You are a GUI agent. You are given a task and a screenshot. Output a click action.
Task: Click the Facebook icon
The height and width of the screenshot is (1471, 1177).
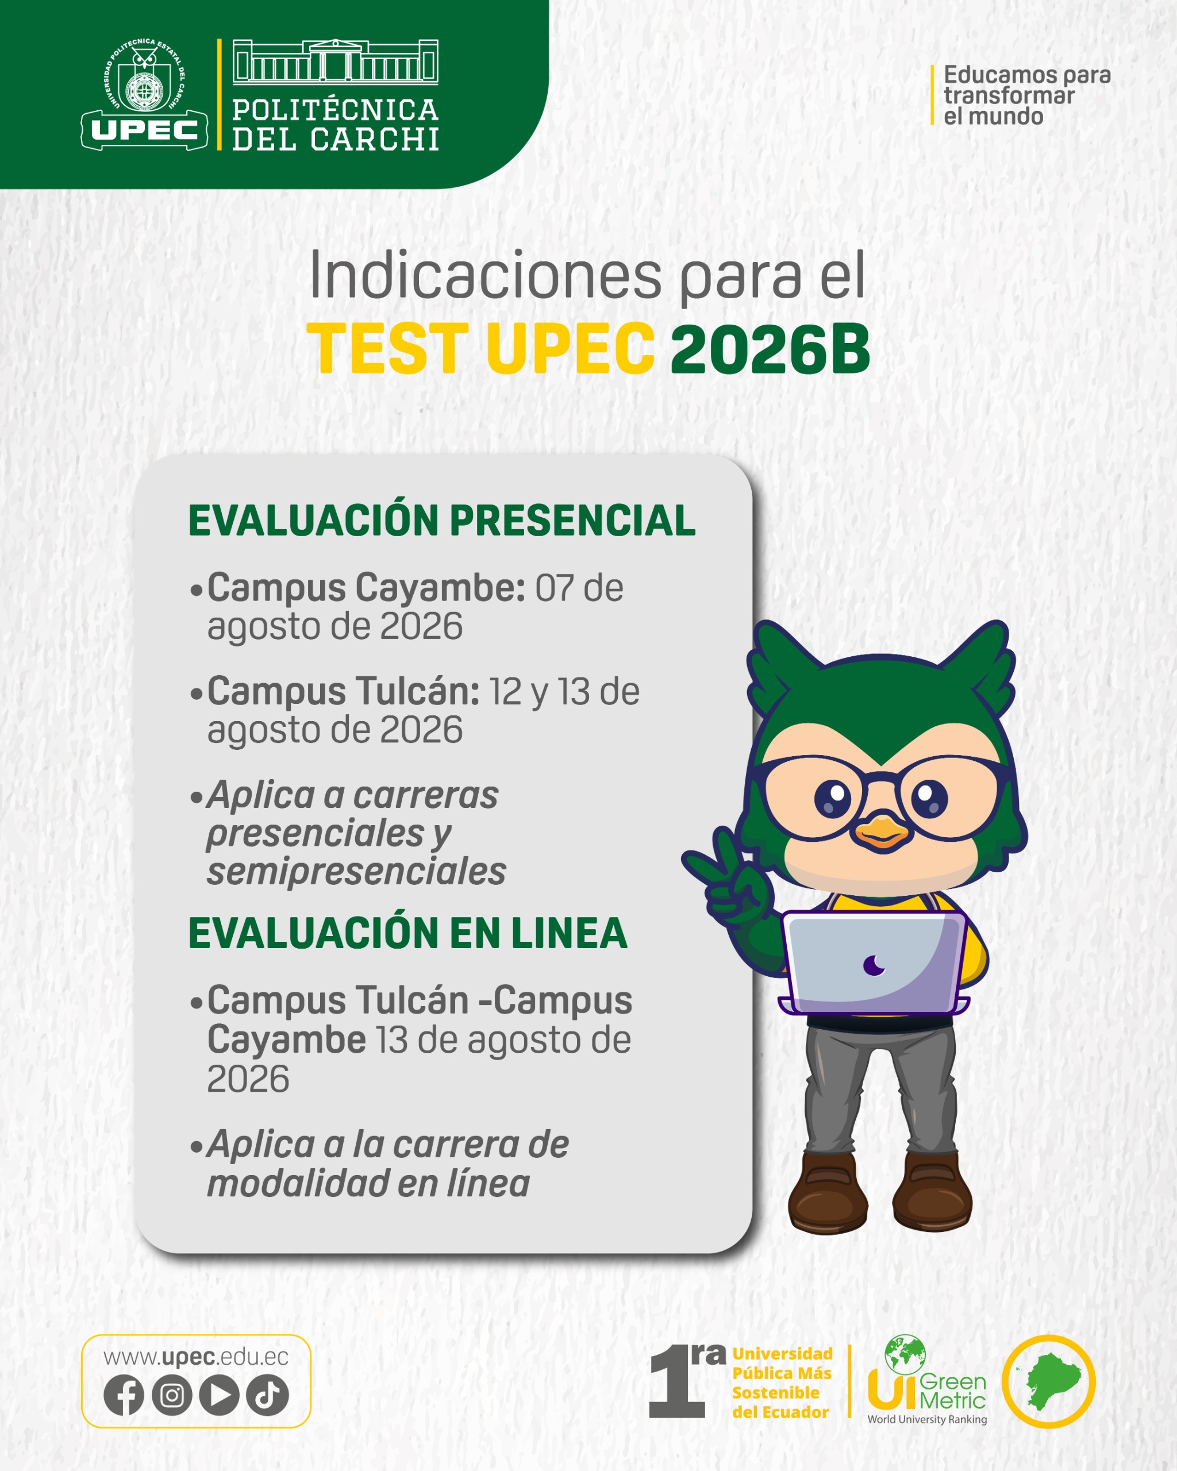pos(124,1395)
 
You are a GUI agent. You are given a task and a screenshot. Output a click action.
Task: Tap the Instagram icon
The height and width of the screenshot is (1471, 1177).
pos(171,1395)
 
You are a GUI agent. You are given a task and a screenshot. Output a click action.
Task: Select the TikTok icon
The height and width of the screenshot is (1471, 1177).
pos(267,1395)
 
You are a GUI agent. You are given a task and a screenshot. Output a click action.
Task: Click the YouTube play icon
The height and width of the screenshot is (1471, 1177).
pos(219,1395)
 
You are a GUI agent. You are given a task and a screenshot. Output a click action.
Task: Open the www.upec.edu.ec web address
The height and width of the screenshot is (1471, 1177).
pos(196,1357)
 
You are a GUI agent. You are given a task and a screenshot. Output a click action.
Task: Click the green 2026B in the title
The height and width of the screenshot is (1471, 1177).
pos(770,349)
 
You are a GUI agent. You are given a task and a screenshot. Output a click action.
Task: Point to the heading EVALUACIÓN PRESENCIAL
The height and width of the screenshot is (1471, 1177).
pos(441,521)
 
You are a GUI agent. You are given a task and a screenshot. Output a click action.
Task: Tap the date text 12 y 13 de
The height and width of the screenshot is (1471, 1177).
pos(564,691)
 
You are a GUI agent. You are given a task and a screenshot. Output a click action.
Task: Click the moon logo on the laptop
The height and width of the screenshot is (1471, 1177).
pos(874,965)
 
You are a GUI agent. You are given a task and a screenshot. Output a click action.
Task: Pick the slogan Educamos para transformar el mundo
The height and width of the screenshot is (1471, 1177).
pos(1027,95)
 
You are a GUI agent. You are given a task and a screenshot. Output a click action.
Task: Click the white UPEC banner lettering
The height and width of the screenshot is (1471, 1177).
pos(145,130)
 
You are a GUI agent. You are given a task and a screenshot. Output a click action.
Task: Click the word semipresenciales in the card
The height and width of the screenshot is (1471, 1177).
pos(356,872)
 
